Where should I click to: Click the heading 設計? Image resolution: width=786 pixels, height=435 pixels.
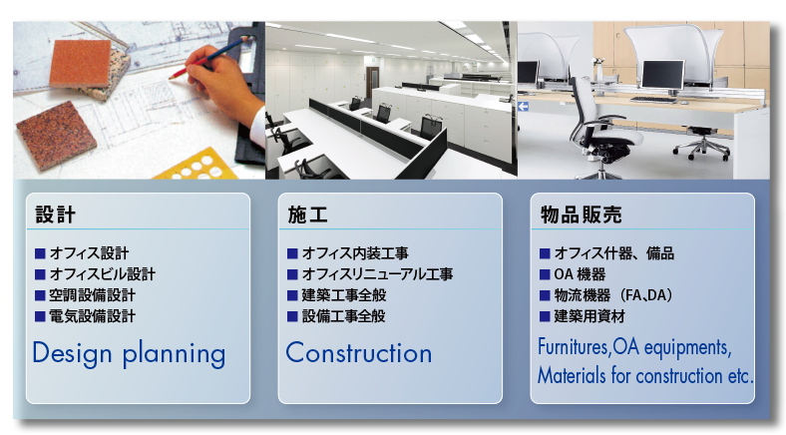point(55,215)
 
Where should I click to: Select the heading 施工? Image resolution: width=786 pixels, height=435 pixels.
point(308,215)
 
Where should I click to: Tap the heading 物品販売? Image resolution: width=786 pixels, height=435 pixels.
point(581,215)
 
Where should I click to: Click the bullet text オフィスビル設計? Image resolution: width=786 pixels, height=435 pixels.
point(103,274)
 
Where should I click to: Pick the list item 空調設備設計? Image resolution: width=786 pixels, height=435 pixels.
point(92,295)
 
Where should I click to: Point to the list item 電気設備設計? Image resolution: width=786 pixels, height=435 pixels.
point(92,316)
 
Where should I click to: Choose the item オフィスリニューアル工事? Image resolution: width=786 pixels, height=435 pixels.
point(377,274)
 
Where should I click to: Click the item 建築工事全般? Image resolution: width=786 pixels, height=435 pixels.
point(344,295)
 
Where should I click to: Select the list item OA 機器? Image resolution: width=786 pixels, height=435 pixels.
point(580,274)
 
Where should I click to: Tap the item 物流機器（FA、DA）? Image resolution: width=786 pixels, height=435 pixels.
point(613,295)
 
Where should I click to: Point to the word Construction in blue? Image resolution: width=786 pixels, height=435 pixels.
point(359,353)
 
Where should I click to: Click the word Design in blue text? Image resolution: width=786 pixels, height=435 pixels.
point(72,354)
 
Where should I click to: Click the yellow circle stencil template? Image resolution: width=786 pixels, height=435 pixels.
point(198,166)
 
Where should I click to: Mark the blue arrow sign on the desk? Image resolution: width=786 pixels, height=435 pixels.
point(524,106)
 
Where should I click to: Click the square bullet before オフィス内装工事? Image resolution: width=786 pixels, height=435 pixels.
point(292,253)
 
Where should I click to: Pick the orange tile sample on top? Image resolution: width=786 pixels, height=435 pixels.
point(81,63)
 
